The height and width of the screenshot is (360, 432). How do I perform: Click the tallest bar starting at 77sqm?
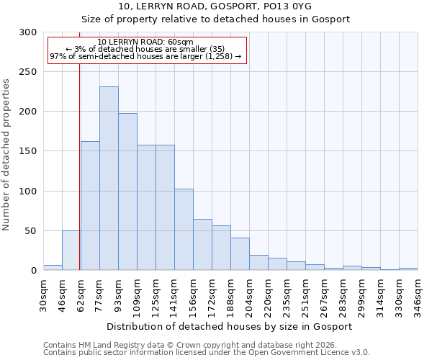tap(109, 179)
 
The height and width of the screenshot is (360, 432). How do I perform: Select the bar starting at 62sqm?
tap(90, 205)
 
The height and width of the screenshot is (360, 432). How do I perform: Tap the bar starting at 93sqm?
tap(127, 192)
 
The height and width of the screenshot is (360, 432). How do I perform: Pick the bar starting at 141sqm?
tap(184, 229)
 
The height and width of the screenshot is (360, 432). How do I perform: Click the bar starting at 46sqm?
tap(71, 251)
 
